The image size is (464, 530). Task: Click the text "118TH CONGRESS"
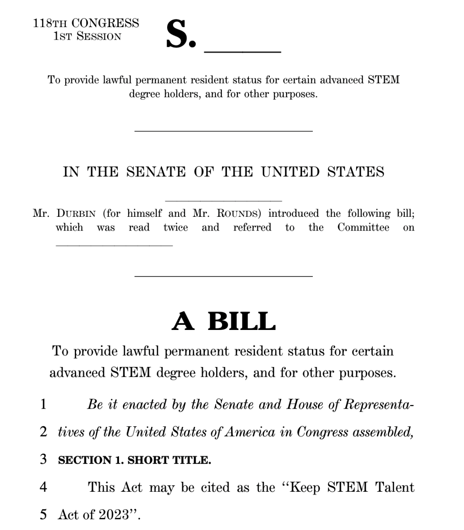(86, 23)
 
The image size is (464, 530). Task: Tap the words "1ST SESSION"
(87, 37)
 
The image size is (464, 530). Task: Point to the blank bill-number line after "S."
(242, 51)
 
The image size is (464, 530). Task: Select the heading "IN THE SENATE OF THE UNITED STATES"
(223, 172)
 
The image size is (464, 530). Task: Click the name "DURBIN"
(76, 214)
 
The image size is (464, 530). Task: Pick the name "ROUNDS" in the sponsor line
(238, 214)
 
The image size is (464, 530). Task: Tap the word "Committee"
(363, 228)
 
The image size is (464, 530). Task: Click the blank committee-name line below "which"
(114, 245)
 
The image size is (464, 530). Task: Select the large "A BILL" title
(223, 321)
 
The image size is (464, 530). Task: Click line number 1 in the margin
(43, 404)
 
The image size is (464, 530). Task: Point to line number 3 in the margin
(43, 459)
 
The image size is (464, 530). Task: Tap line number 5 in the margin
(43, 514)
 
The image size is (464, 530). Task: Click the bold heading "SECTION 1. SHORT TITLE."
(134, 460)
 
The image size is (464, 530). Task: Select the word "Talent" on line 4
(394, 487)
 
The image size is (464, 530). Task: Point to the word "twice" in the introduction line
(176, 228)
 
